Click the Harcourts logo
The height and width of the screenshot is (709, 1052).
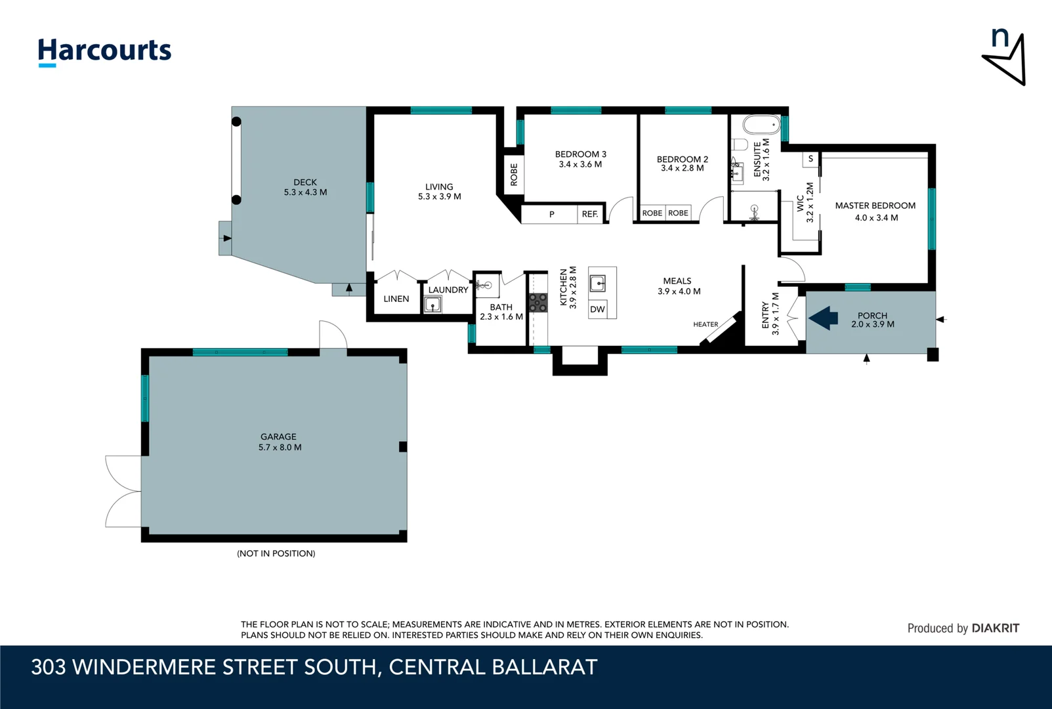104,51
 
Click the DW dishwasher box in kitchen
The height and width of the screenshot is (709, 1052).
597,309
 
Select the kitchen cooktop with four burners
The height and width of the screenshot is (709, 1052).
538,303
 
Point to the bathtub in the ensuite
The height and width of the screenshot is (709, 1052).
761,125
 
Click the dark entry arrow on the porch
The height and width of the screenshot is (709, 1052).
824,318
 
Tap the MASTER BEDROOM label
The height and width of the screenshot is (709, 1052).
875,205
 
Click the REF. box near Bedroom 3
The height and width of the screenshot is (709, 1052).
589,214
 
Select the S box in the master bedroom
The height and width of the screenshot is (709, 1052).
810,159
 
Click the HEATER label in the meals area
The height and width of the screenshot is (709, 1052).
705,324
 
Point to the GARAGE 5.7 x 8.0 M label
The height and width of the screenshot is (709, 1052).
279,442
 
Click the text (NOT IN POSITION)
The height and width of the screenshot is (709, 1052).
276,553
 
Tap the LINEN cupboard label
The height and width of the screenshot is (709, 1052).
396,299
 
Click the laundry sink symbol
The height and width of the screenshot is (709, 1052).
432,305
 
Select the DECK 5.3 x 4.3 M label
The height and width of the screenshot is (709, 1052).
305,187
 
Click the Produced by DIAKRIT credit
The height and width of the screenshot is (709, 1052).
963,628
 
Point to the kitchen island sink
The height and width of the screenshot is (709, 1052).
597,284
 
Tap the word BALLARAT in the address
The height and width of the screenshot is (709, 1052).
544,667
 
